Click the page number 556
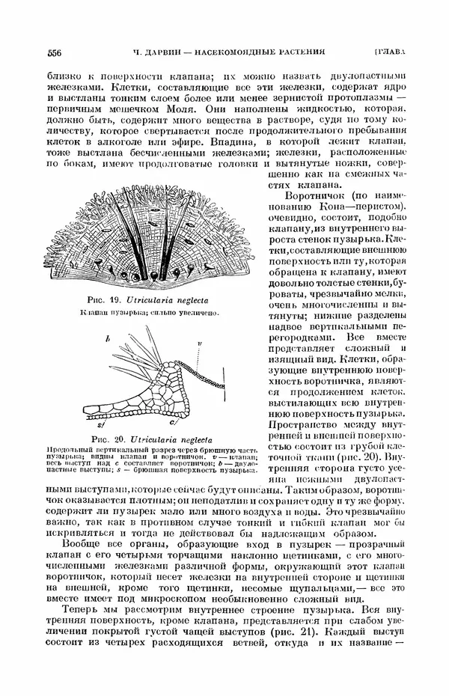point(54,52)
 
